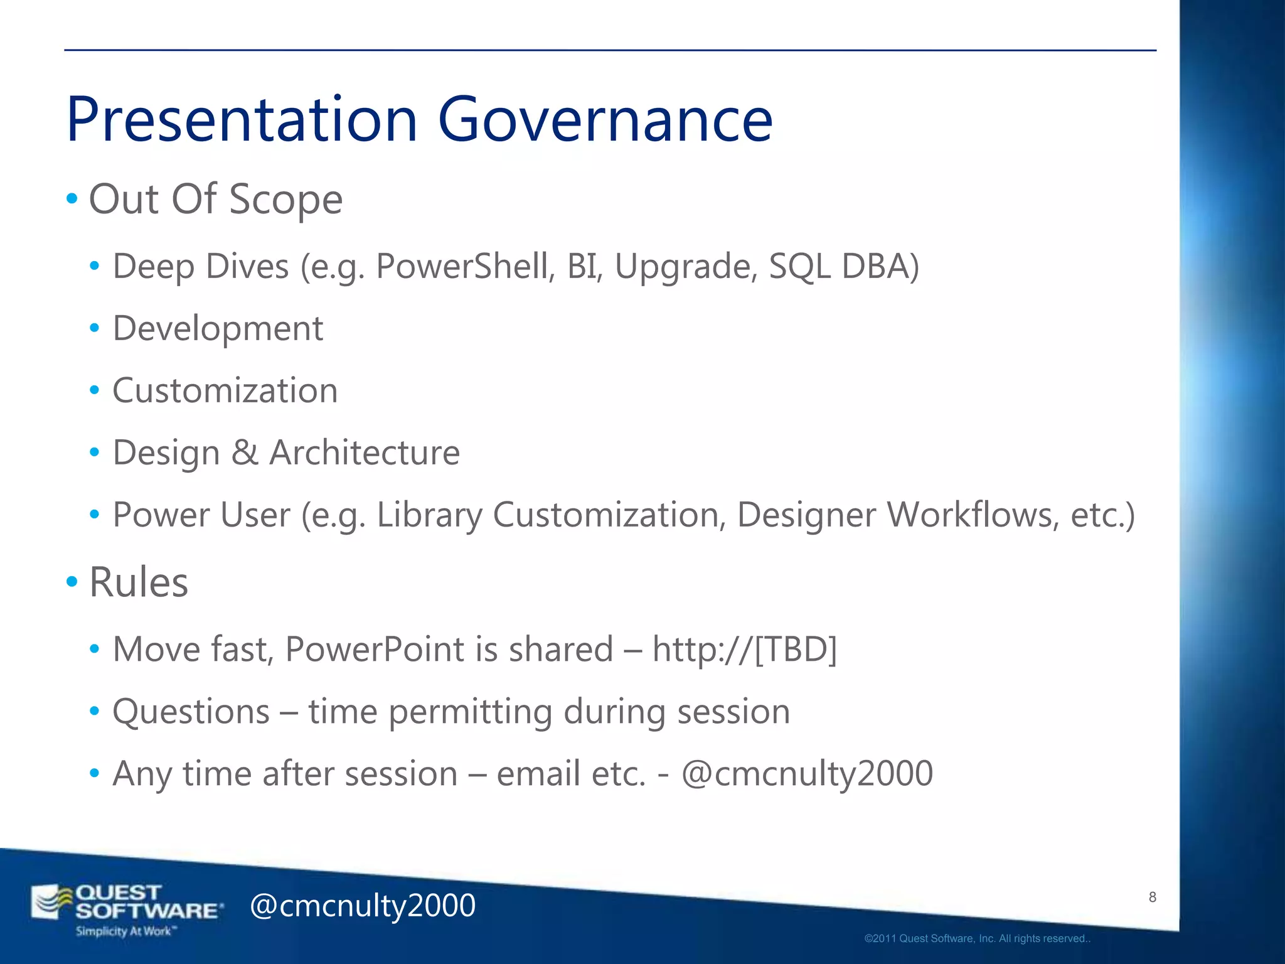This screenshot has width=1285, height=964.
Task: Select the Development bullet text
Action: pos(218,328)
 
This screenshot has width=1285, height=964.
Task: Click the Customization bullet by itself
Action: pos(225,390)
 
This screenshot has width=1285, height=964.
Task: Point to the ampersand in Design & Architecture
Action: pos(245,453)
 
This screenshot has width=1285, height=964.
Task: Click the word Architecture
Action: pos(365,453)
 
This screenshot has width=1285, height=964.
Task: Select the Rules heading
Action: pos(139,582)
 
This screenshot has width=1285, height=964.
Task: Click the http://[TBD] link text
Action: pos(745,649)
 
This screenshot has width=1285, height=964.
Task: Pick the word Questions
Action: pos(191,712)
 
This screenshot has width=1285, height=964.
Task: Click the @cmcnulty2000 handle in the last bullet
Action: pos(807,773)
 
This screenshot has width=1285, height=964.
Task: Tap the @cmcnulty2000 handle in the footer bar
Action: pos(363,906)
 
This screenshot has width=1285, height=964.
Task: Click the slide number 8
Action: pos(1153,897)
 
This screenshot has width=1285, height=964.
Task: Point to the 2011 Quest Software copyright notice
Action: pos(977,939)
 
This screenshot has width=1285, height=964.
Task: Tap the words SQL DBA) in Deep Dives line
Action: pos(844,266)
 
